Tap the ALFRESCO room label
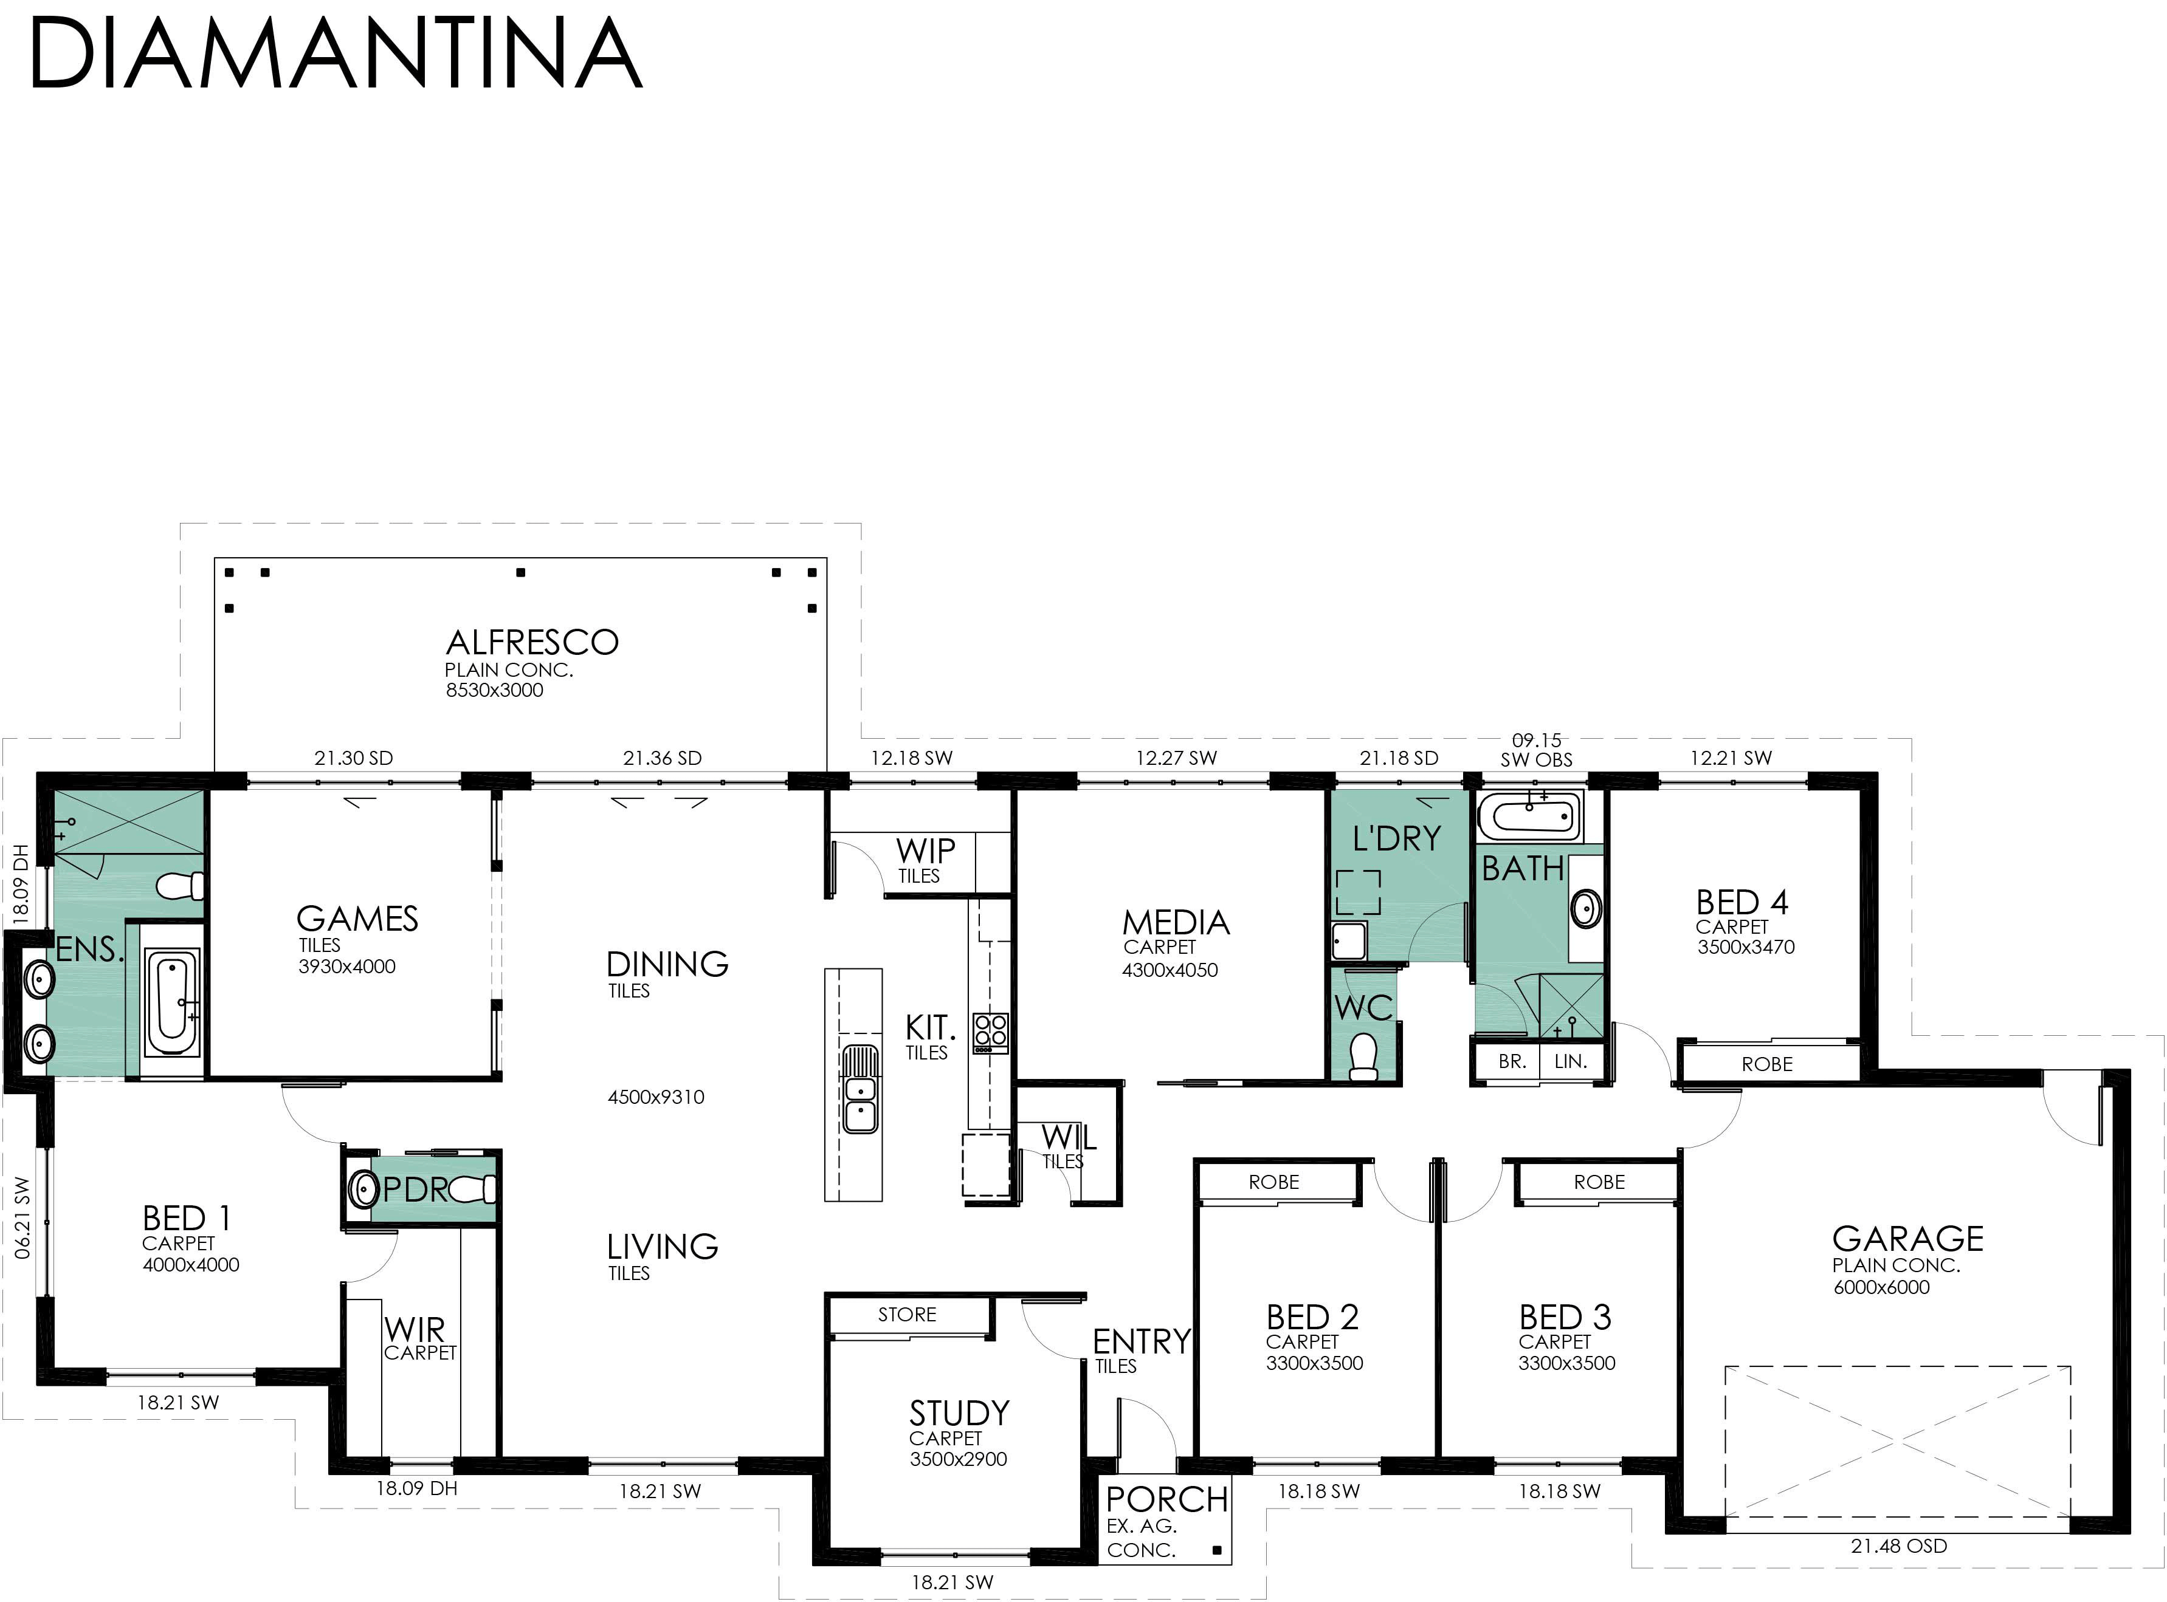coord(531,642)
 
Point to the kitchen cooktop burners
coord(990,1033)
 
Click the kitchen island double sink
coord(860,1089)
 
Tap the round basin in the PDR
coord(363,1188)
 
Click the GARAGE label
coord(1907,1238)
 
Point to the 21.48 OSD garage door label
coord(1898,1546)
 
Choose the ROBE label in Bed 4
coord(1768,1064)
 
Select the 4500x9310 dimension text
coord(656,1097)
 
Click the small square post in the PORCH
coord(1216,1550)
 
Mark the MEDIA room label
coord(1176,922)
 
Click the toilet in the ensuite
coord(181,885)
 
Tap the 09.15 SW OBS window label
coord(1537,750)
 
